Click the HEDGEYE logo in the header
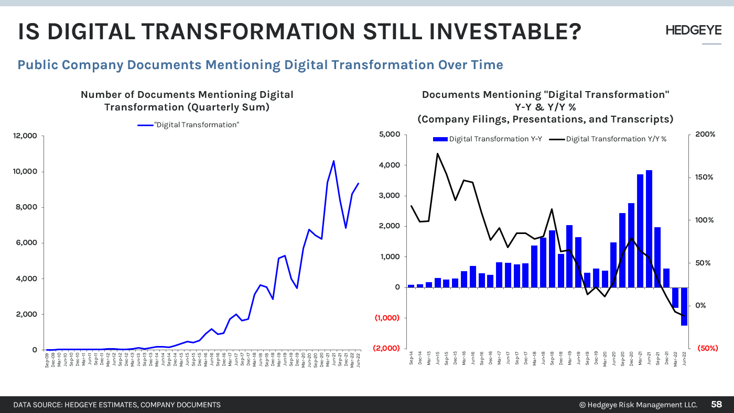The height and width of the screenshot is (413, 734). tap(693, 30)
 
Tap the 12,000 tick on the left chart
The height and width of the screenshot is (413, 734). tap(25, 136)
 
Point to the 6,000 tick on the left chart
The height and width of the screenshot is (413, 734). tap(26, 243)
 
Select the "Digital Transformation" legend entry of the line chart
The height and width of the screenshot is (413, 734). tap(188, 125)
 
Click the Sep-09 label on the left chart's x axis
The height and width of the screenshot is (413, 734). tap(47, 359)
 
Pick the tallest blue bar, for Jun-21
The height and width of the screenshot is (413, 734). tap(649, 229)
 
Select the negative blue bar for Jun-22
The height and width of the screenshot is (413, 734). tap(684, 306)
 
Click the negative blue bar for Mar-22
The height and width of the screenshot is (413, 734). tap(675, 297)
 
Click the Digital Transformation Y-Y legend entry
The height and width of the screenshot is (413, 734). tap(488, 139)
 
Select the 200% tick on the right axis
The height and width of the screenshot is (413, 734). tap(705, 135)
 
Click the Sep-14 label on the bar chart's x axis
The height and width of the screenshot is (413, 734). tap(411, 359)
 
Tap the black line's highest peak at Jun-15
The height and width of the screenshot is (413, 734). tap(437, 153)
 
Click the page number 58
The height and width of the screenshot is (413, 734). tap(716, 405)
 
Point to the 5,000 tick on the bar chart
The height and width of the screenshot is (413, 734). tap(390, 135)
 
